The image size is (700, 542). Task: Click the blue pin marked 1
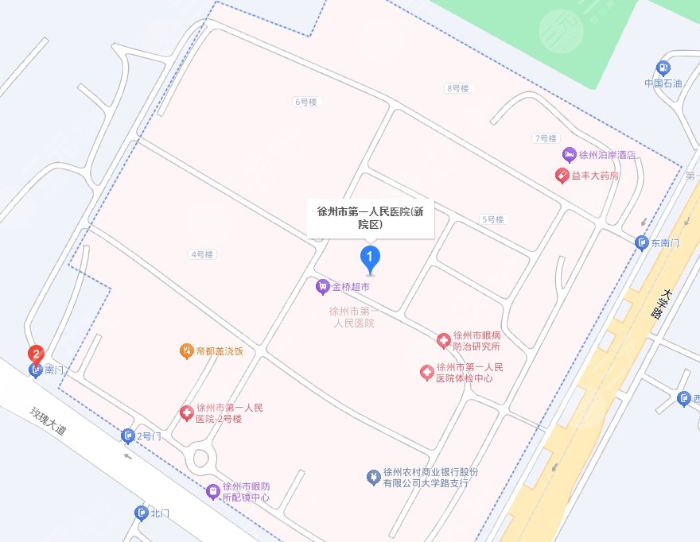click(369, 257)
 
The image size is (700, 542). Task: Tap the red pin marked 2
click(36, 354)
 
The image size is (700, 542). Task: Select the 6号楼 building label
click(305, 102)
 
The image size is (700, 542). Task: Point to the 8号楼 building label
click(458, 88)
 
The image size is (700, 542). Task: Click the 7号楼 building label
click(546, 138)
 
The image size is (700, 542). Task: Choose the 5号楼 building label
click(492, 219)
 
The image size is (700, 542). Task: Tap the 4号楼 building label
click(202, 254)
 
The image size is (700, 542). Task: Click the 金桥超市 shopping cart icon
click(322, 285)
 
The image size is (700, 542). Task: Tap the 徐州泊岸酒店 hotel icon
click(569, 154)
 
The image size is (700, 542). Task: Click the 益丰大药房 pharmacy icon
click(561, 175)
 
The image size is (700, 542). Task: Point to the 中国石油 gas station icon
click(662, 68)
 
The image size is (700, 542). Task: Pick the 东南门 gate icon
click(642, 242)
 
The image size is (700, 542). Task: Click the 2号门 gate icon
click(128, 436)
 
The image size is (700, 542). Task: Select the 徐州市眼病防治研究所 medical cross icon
click(443, 341)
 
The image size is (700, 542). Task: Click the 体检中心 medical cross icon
click(426, 372)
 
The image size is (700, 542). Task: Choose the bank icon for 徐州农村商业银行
click(371, 477)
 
